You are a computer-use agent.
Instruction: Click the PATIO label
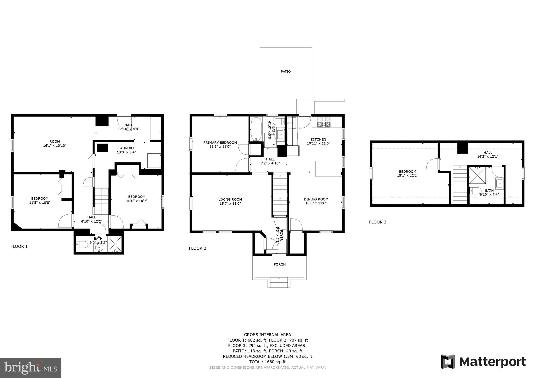coord(286,72)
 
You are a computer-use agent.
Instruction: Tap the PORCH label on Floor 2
coord(280,264)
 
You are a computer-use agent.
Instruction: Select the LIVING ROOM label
coord(230,199)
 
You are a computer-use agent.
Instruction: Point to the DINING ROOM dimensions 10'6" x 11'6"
coord(316,203)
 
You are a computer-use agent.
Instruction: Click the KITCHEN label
coord(318,139)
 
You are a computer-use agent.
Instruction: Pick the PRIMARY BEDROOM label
coord(220,143)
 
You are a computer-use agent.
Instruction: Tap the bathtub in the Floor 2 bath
coord(256,129)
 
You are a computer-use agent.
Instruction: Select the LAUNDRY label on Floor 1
coord(126,148)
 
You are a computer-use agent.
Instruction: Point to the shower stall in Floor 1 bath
coord(115,244)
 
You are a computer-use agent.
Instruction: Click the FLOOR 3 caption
coord(377,222)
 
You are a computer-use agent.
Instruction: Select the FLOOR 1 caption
coord(19,246)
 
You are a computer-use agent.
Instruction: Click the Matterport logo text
coord(492,362)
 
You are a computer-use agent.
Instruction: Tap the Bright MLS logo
coord(31,368)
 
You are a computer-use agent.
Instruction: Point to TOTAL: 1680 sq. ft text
coord(267,362)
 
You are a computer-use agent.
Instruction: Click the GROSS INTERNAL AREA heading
coord(267,335)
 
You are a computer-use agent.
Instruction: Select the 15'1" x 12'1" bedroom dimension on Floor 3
coord(408,176)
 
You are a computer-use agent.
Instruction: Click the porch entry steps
coord(279,282)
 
